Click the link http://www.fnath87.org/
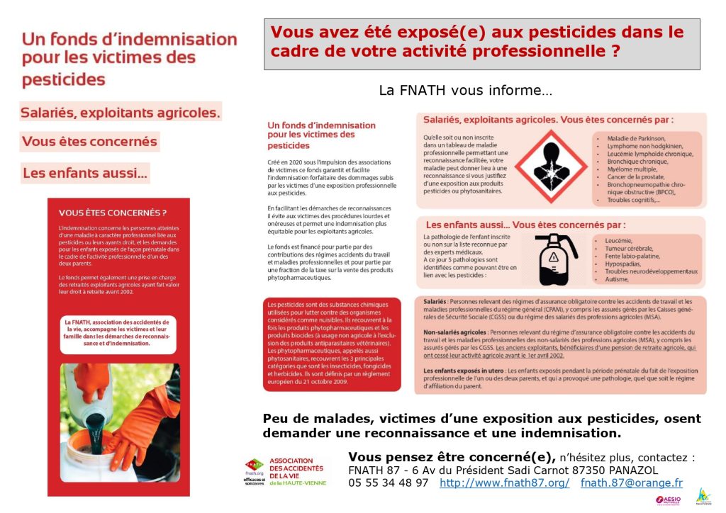pyautogui.click(x=504, y=483)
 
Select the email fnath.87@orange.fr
pyautogui.click(x=631, y=483)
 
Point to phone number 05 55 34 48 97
pyautogui.click(x=388, y=483)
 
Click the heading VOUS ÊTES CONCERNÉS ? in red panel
pyautogui.click(x=113, y=213)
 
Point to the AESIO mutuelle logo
pyautogui.click(x=669, y=500)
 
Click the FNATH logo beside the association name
pyautogui.click(x=255, y=468)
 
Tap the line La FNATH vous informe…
pyautogui.click(x=465, y=91)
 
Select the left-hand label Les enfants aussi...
pyautogui.click(x=85, y=172)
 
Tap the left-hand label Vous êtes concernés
pyautogui.click(x=89, y=141)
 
